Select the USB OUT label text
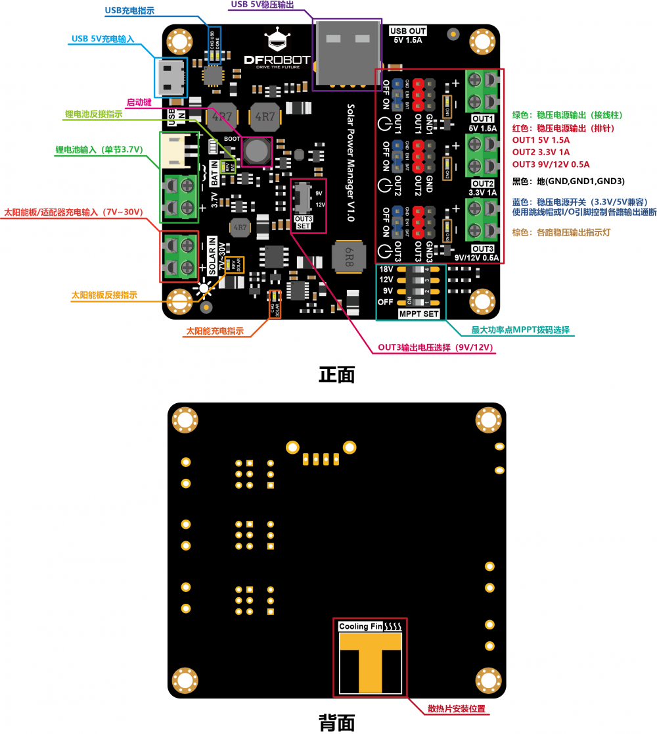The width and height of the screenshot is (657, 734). tap(408, 31)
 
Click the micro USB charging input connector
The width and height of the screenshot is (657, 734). tap(171, 77)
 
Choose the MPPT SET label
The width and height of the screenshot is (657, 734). tap(419, 314)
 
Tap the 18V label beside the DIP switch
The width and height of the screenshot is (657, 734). tap(386, 270)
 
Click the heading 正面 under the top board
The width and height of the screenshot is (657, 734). tap(336, 374)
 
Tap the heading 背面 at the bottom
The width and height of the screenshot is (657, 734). tap(336, 722)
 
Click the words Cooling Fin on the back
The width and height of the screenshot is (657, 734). tap(360, 626)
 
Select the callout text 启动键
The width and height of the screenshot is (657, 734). tap(139, 103)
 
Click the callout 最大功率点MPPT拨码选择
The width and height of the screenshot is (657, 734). tap(520, 330)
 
